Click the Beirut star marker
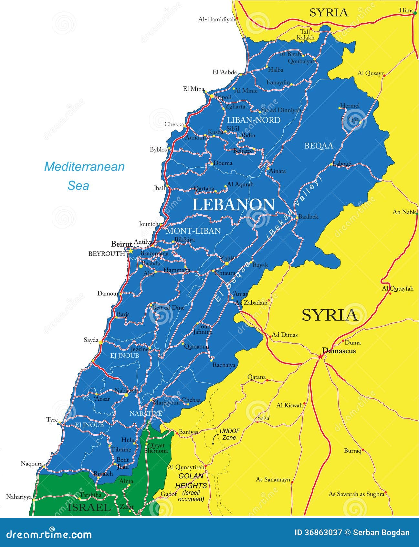131,250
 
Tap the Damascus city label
339,351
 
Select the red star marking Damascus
320,356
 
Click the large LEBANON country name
234,205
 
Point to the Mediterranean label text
84,167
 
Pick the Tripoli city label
223,97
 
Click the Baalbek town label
308,217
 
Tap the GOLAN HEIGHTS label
191,481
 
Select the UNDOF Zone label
229,434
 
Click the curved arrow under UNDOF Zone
214,440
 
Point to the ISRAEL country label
89,507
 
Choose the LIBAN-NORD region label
253,120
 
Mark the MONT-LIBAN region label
193,231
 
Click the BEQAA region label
319,146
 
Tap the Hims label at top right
406,11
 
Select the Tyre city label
52,420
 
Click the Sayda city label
91,340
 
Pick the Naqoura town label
32,463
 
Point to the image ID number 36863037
318,532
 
